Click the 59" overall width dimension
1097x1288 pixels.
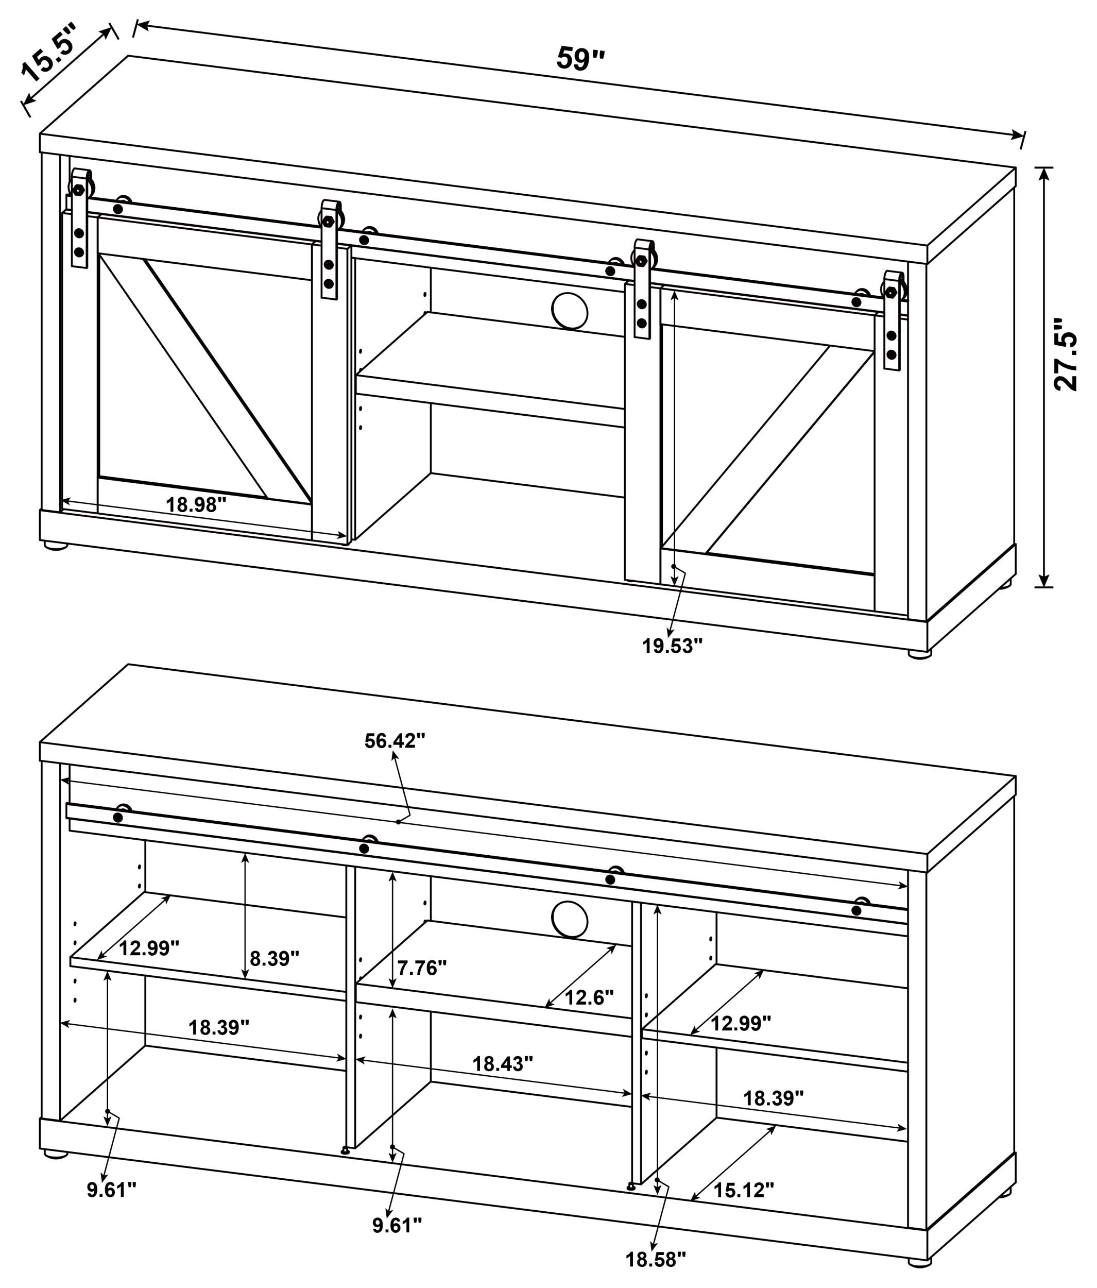click(580, 59)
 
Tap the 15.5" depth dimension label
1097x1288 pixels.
click(50, 54)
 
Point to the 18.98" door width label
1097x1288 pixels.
click(196, 505)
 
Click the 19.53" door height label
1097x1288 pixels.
click(672, 647)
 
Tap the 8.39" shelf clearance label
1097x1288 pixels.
click(274, 959)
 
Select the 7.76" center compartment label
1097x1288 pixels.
click(422, 968)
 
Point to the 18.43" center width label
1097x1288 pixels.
click(502, 1063)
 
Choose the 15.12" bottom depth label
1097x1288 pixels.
click(743, 1191)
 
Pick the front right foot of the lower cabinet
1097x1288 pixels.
click(920, 1262)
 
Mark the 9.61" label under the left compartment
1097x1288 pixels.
click(112, 1190)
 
